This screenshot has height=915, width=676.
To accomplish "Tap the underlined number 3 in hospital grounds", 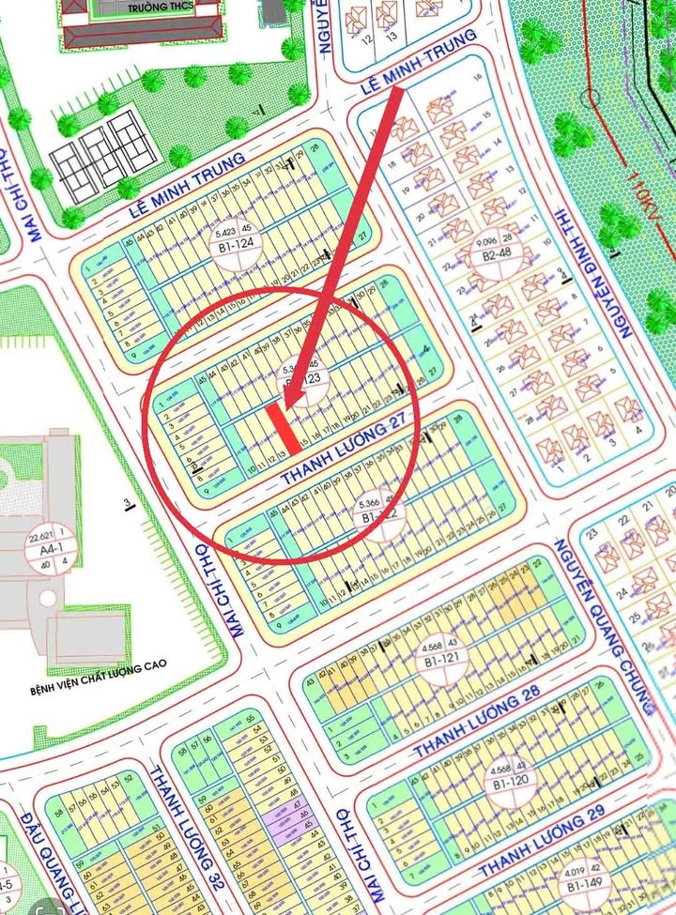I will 127,507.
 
